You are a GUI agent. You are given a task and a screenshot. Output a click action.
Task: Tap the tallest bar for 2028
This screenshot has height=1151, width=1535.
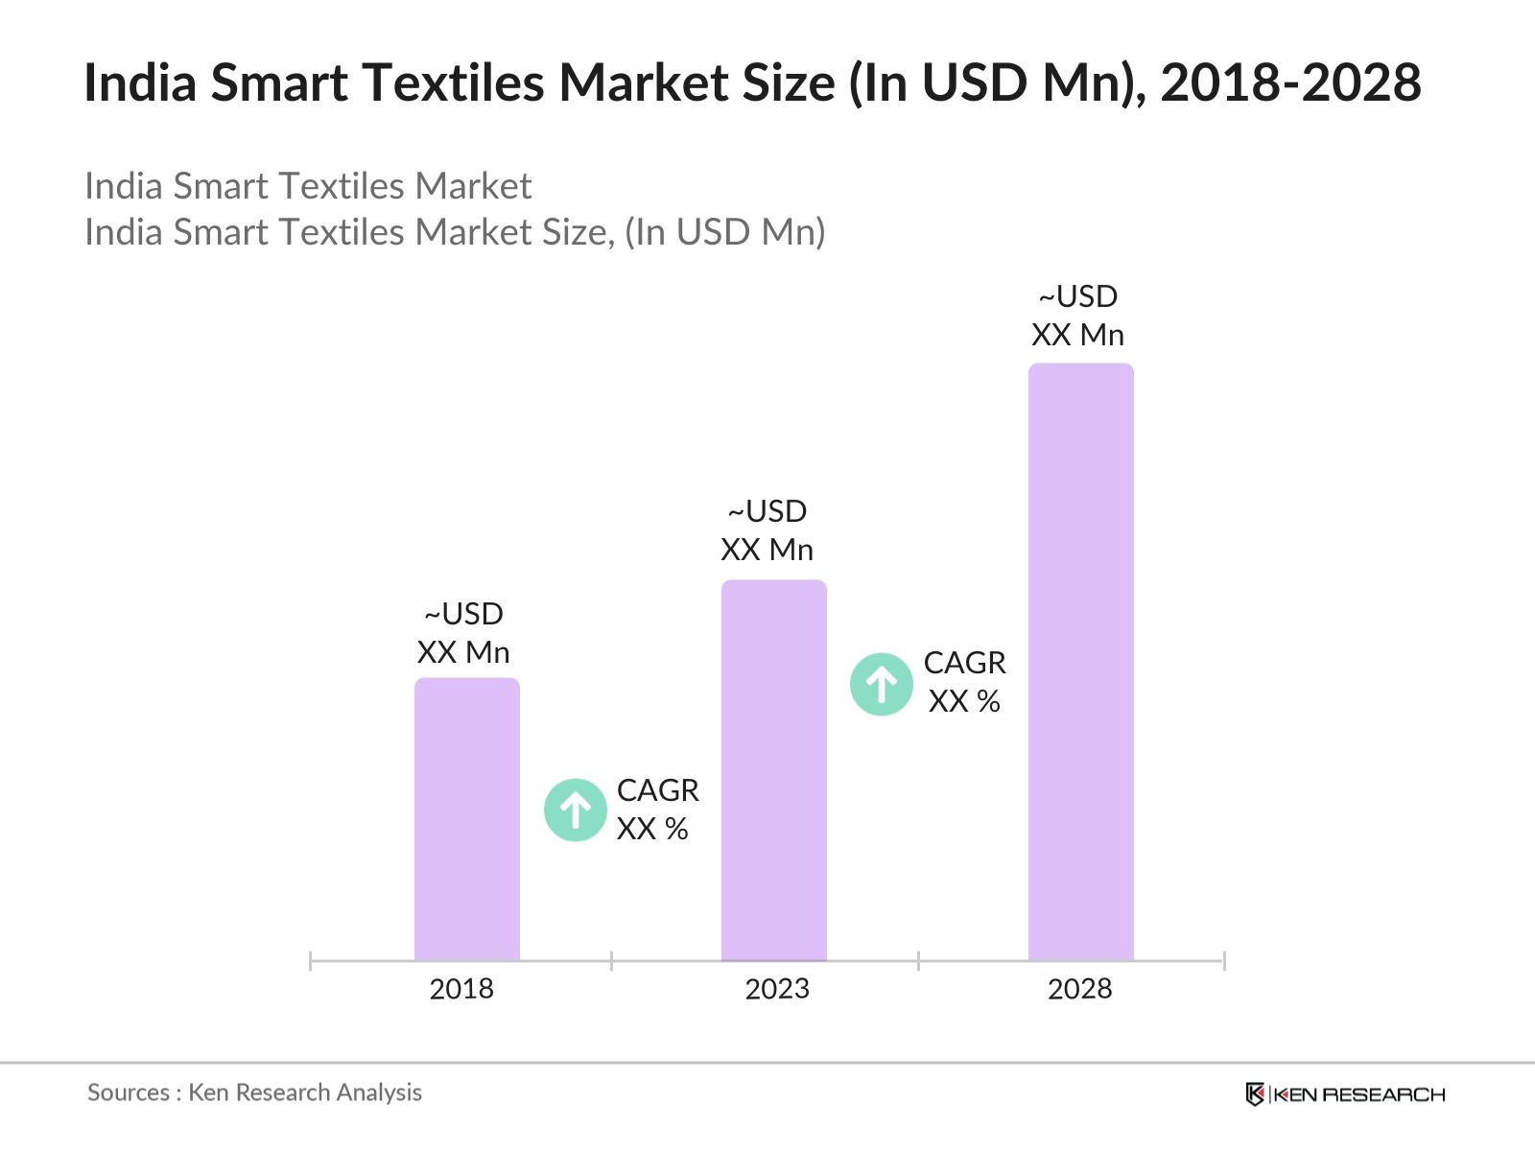(x=1080, y=661)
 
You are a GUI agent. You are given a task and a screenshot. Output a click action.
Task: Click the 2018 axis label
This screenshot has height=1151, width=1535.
(x=461, y=989)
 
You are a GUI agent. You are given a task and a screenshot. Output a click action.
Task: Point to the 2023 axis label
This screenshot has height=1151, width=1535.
(x=777, y=989)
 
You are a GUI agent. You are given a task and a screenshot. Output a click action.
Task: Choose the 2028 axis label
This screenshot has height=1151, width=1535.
(x=1079, y=989)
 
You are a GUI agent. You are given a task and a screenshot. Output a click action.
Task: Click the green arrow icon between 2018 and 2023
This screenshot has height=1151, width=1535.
(x=576, y=810)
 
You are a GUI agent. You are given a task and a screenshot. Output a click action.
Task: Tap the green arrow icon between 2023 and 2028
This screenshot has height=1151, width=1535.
(x=882, y=684)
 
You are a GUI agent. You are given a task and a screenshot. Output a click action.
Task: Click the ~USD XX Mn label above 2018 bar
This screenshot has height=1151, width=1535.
(x=463, y=633)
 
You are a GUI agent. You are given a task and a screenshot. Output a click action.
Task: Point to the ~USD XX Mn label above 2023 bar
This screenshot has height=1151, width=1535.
(x=767, y=530)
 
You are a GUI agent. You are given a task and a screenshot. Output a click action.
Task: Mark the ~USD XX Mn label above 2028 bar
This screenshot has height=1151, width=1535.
(x=1077, y=316)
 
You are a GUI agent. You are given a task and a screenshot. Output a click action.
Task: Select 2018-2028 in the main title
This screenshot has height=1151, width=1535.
(x=1290, y=82)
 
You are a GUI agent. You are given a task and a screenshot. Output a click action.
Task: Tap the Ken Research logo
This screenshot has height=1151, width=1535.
(x=1344, y=1094)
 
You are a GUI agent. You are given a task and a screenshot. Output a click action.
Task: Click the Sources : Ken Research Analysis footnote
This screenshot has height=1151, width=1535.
(x=254, y=1092)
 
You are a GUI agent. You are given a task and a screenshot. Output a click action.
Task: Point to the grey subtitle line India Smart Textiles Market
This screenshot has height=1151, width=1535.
(x=308, y=186)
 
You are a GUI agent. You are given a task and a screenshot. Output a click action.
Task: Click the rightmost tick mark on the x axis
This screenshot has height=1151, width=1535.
(x=1224, y=960)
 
